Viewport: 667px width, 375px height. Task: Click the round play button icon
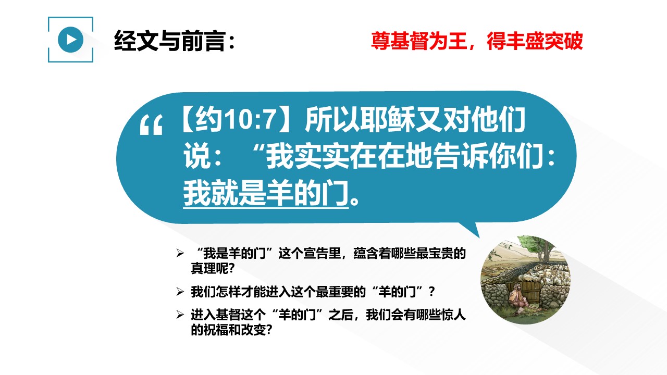[70, 40]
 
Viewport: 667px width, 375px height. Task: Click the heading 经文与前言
[169, 41]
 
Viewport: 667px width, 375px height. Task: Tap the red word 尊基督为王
[418, 41]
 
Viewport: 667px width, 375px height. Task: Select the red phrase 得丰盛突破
[535, 41]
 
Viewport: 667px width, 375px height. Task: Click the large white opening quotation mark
[151, 125]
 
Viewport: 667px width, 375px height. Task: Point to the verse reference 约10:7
[234, 120]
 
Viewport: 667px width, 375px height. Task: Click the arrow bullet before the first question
[180, 253]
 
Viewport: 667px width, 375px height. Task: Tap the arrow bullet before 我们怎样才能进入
[180, 292]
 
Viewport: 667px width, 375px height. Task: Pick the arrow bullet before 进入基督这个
[180, 315]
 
